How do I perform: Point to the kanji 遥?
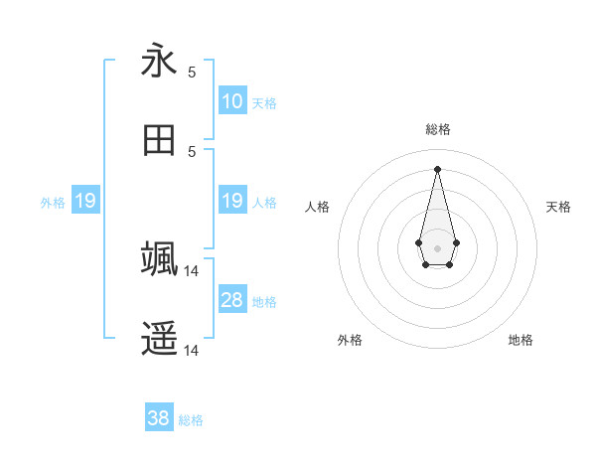point(159,339)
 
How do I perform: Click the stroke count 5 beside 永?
point(192,73)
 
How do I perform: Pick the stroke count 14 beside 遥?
point(192,351)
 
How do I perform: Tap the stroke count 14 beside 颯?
point(192,270)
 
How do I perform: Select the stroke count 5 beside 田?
point(192,151)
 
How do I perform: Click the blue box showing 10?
point(232,101)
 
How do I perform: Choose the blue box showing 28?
point(232,300)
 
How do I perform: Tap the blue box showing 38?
point(159,418)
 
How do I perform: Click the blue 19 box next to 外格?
point(85,201)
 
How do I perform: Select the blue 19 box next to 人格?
point(232,201)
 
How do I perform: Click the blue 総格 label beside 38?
point(191,420)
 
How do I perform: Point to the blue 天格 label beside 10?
point(264,103)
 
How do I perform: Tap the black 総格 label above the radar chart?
point(437,129)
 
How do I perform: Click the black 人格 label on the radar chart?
point(318,207)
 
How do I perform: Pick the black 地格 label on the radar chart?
point(521,340)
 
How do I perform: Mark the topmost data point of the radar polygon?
point(437,169)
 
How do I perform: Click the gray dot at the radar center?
point(437,246)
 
